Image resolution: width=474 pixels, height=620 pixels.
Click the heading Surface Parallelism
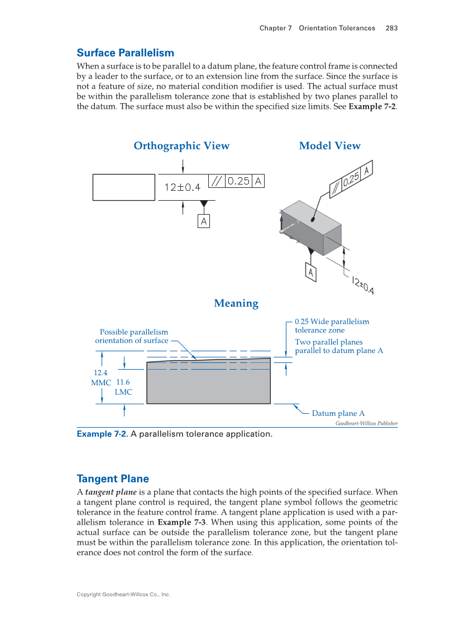[x=125, y=53]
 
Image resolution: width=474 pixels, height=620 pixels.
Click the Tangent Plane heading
[x=112, y=479]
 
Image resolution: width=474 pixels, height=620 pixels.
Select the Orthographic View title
[x=181, y=146]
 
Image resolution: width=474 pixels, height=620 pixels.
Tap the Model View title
[x=329, y=146]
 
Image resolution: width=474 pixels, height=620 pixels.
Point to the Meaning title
[x=236, y=304]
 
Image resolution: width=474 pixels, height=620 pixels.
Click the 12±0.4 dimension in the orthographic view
[x=182, y=187]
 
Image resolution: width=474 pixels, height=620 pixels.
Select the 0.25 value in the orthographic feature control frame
[x=239, y=181]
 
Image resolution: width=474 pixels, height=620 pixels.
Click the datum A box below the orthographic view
[x=204, y=221]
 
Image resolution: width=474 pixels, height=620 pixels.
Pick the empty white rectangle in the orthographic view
[x=123, y=187]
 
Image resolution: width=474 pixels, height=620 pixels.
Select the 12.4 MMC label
[x=100, y=377]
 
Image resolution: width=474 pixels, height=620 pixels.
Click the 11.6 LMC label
[x=123, y=387]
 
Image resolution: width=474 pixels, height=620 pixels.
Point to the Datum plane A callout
[x=338, y=414]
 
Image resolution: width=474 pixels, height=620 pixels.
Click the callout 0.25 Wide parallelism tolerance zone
[x=332, y=326]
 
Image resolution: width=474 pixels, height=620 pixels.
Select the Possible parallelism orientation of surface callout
[x=132, y=336]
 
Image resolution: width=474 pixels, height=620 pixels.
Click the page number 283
[x=391, y=28]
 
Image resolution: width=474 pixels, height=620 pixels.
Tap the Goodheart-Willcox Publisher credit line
[x=366, y=424]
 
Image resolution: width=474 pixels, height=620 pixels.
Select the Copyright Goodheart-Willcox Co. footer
[x=123, y=594]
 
